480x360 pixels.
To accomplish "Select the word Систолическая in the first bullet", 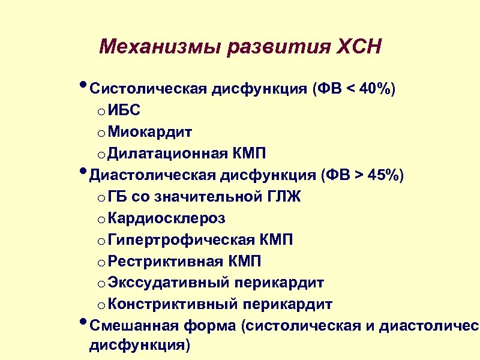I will (148, 89).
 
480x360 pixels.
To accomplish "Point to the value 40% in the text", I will (376, 89).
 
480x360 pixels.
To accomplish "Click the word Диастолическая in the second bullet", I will (153, 175).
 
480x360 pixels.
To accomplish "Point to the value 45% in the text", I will (385, 175).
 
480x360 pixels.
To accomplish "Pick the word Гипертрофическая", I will (182, 240).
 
